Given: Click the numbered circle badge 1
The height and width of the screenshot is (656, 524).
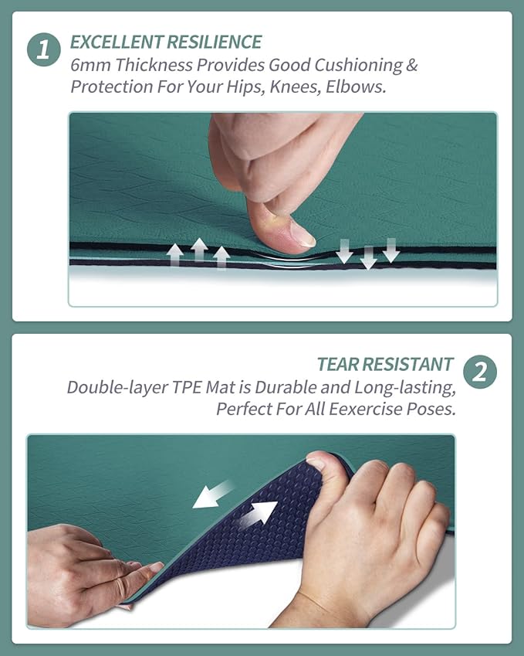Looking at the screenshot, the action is point(44,49).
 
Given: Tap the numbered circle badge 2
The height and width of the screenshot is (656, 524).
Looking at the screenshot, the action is point(480,372).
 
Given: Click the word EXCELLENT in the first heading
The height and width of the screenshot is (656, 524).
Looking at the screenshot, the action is point(117,42).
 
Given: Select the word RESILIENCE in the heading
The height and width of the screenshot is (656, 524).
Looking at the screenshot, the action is point(215,42).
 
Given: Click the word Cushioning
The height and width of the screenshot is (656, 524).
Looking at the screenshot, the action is point(359,66).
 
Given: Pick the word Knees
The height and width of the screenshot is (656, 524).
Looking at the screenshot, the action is point(296,87).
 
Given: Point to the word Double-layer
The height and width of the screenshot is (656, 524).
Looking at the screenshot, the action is point(117,387).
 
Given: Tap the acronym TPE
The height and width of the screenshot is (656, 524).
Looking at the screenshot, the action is point(187,387).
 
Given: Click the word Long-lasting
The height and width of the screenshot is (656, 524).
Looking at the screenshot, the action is point(405,388).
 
